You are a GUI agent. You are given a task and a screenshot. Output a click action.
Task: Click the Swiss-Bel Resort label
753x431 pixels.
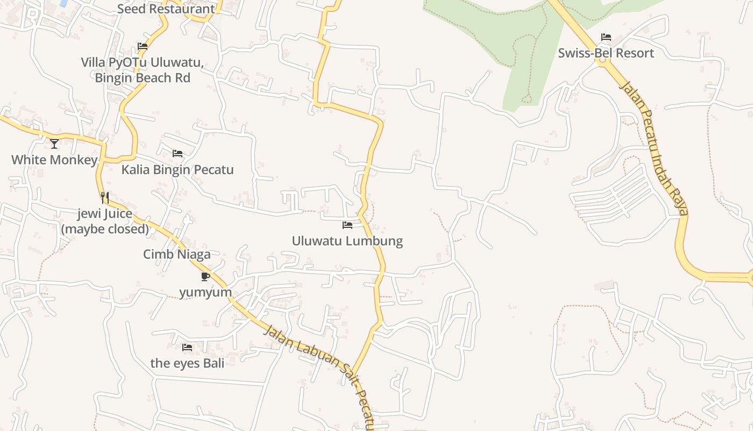606,53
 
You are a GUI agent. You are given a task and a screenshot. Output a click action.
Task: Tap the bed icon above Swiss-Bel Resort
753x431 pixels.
606,37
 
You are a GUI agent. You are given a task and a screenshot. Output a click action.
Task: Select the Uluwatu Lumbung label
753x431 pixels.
347,240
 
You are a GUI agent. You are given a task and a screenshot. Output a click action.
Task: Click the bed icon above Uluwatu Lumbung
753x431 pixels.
347,225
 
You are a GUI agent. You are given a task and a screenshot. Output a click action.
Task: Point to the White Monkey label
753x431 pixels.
54,159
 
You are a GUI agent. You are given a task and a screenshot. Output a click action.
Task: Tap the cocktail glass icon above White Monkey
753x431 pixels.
54,143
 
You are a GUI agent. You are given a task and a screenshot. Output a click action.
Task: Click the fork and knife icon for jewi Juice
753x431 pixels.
105,198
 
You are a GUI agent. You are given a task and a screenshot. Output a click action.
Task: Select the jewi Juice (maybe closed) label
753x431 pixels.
105,221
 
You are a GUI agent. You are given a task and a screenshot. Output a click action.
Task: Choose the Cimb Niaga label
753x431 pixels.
176,254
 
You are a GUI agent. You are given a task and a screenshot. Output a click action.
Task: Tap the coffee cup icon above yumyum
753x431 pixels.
205,276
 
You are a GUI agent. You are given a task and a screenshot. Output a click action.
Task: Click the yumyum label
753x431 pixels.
205,292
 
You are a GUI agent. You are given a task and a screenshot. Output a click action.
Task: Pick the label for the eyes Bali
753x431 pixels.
187,363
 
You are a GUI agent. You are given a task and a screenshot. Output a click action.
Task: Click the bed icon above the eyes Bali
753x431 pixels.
187,347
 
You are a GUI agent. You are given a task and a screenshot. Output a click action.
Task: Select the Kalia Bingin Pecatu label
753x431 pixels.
177,169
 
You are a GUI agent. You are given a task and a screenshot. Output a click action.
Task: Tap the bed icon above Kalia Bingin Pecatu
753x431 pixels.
177,154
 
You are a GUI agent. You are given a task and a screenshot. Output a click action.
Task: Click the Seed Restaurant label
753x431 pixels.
166,9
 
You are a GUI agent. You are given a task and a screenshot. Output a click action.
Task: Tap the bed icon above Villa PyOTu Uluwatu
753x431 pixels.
143,46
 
